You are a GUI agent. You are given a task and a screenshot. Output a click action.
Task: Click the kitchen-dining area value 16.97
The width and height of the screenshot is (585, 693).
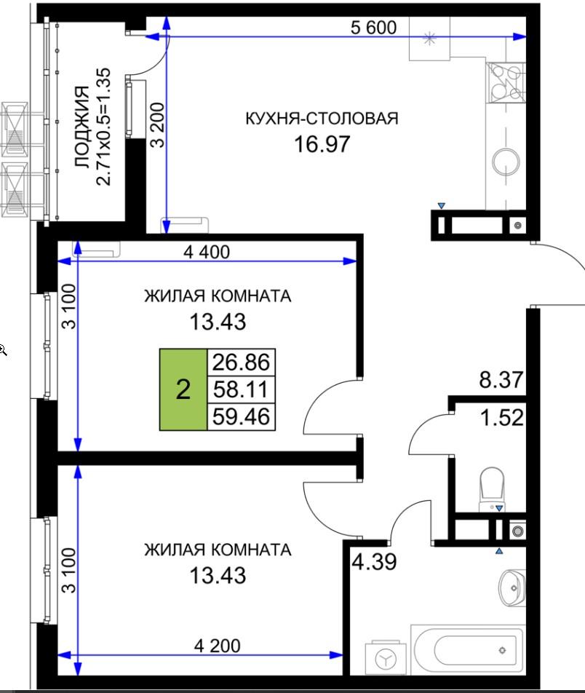(322, 143)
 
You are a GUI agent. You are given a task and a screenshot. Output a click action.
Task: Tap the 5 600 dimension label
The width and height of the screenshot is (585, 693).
(373, 28)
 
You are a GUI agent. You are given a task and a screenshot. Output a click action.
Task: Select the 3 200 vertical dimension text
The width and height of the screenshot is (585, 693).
(157, 124)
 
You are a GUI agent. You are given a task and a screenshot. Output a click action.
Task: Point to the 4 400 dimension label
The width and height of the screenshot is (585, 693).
(207, 252)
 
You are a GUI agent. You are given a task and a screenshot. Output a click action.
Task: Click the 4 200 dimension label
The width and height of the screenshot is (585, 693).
(217, 646)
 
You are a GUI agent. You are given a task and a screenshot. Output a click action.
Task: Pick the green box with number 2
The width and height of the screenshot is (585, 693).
(183, 389)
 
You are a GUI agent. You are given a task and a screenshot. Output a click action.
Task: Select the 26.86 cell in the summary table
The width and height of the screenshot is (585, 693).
(242, 363)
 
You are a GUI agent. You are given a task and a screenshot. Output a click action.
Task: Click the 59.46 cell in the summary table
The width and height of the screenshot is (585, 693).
(242, 416)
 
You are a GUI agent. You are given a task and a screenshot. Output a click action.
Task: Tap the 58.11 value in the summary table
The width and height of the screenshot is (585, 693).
(242, 389)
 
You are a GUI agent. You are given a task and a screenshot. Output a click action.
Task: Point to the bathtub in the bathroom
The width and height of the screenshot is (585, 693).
(468, 649)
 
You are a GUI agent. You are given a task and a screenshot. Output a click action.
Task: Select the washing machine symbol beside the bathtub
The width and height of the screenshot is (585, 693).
(386, 659)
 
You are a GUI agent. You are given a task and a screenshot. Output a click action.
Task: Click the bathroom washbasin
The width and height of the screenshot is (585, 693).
(512, 587)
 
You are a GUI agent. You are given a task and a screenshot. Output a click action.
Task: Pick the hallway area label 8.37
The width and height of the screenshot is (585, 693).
(501, 380)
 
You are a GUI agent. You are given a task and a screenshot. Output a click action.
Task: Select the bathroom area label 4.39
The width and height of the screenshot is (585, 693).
(374, 562)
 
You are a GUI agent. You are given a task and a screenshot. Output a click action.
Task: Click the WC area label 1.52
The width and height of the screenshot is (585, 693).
(502, 417)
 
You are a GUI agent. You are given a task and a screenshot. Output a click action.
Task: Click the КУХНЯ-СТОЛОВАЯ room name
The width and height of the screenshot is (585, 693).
(322, 119)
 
